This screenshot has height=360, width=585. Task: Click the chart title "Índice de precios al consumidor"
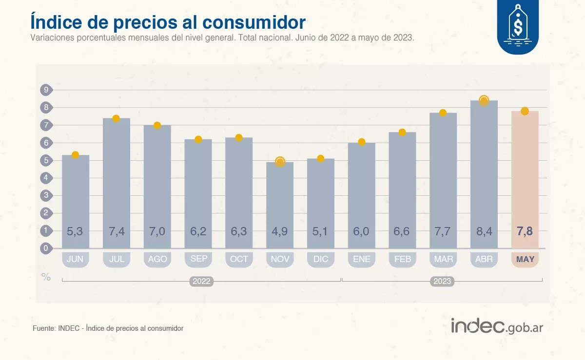[x=168, y=22]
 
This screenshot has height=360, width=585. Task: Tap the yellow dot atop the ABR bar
[x=484, y=101]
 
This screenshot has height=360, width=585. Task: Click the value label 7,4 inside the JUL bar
[x=116, y=231]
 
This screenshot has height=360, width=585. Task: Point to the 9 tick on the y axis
[x=46, y=90]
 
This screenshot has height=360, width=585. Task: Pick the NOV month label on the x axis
[x=280, y=259]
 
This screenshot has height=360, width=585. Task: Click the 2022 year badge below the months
[x=201, y=281]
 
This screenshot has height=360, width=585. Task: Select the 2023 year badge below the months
[x=442, y=281]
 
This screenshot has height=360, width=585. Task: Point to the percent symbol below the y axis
[x=46, y=277]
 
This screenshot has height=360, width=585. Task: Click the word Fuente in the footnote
[x=43, y=328]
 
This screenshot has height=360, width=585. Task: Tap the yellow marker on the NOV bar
[x=280, y=162]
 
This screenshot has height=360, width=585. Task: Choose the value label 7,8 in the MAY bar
[x=525, y=231]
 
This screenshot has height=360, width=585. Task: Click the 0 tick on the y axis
[x=46, y=248]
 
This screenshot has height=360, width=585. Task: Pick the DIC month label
[x=320, y=259]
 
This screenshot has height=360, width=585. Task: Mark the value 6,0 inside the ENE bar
[x=361, y=231]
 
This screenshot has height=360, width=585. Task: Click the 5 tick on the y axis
[x=46, y=160]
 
